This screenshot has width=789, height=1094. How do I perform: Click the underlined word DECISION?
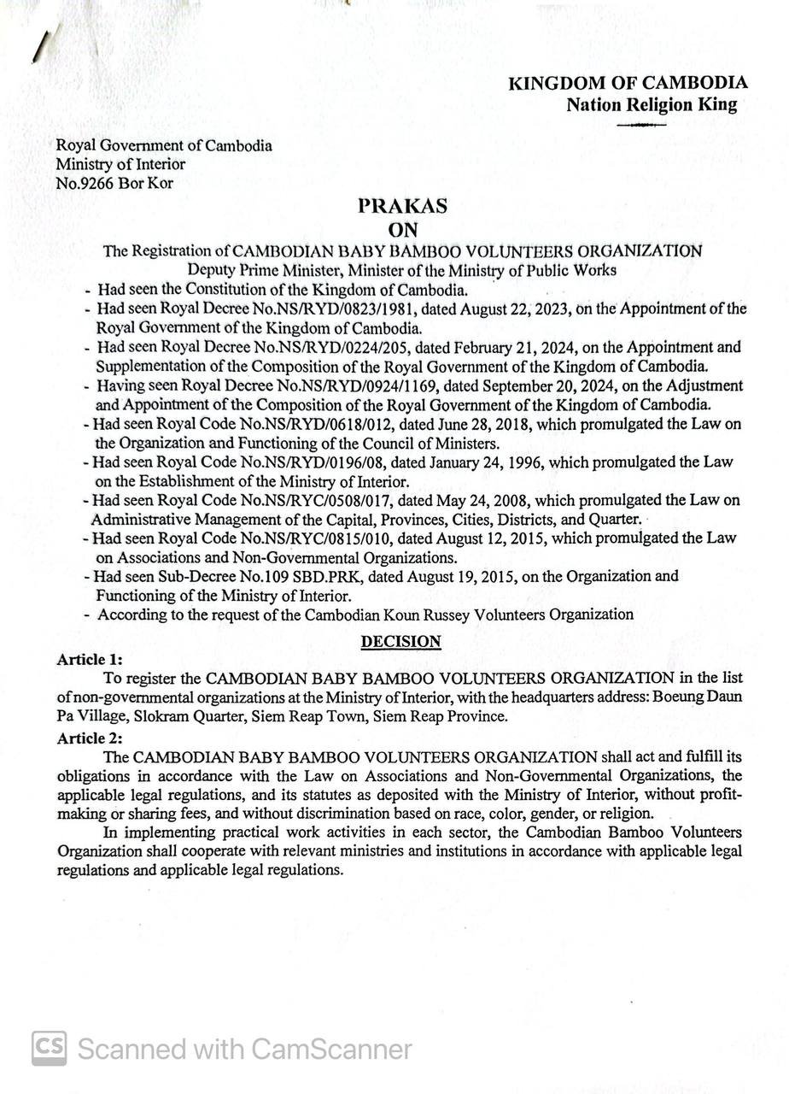(x=400, y=641)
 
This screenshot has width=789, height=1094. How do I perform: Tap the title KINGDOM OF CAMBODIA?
(x=628, y=83)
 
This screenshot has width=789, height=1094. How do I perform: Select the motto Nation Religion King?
(x=651, y=104)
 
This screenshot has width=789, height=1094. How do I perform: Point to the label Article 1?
(x=90, y=660)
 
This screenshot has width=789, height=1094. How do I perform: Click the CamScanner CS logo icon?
(x=50, y=1048)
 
